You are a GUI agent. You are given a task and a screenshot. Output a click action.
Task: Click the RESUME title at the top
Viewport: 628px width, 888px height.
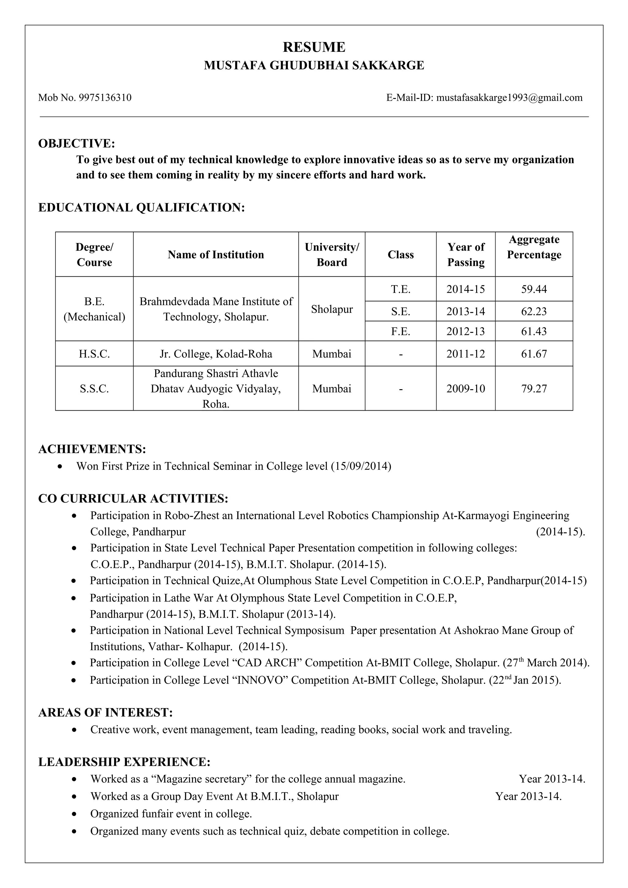click(x=314, y=47)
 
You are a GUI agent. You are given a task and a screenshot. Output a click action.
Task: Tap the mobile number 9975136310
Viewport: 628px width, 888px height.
click(x=105, y=97)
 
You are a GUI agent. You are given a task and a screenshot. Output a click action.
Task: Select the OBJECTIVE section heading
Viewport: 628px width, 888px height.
click(x=77, y=143)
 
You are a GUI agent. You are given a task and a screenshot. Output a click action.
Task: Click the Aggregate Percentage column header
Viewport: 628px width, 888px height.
click(x=534, y=247)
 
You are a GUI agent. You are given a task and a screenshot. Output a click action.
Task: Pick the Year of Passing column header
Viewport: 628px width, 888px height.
click(x=465, y=255)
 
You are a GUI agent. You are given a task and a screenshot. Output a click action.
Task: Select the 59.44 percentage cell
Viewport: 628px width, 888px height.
click(x=534, y=289)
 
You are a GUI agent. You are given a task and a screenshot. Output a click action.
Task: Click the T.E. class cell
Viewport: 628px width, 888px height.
click(x=400, y=289)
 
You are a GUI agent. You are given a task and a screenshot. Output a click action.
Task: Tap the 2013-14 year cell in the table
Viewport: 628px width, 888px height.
click(x=465, y=311)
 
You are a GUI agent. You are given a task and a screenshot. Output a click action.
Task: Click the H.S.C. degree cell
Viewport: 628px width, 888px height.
click(x=94, y=354)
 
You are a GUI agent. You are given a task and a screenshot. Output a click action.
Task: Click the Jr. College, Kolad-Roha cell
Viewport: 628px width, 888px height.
click(x=216, y=354)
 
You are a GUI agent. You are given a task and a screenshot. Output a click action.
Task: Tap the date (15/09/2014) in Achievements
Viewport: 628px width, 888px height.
click(x=361, y=466)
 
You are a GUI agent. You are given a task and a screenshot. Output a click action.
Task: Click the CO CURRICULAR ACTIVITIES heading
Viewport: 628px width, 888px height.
click(x=133, y=499)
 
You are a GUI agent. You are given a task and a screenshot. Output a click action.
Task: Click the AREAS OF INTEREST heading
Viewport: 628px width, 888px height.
click(x=105, y=712)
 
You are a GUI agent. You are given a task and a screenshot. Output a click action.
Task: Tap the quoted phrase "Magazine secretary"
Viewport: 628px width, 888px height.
click(x=201, y=779)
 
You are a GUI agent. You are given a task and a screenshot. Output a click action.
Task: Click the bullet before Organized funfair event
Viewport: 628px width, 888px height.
click(x=74, y=814)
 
